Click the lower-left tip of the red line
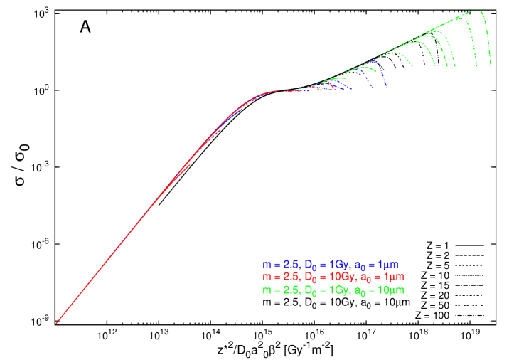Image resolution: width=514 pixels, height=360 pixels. pyautogui.click(x=56, y=324)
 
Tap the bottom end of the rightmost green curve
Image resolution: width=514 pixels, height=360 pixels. pyautogui.click(x=490, y=67)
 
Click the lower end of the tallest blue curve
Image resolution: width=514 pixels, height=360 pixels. pyautogui.click(x=386, y=88)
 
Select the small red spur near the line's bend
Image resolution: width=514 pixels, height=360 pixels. pyautogui.click(x=187, y=167)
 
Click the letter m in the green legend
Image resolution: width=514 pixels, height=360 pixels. pyautogui.click(x=267, y=291)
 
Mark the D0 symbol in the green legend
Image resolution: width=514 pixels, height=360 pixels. pyautogui.click(x=309, y=291)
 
